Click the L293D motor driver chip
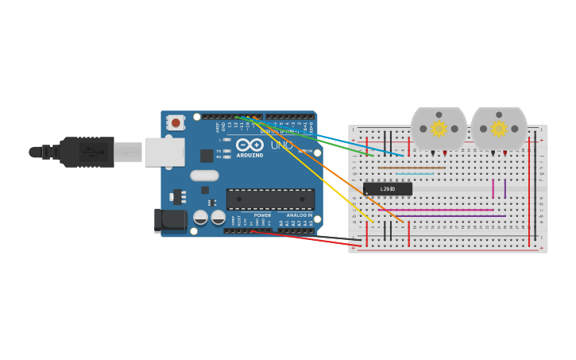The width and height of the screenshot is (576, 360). (x=388, y=188)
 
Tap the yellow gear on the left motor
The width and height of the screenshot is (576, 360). (x=439, y=129)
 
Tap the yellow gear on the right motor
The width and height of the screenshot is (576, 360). (x=499, y=129)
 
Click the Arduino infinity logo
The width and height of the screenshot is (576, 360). (x=249, y=145)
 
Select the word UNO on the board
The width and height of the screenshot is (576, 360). (x=281, y=145)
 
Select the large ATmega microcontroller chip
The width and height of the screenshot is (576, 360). (x=270, y=199)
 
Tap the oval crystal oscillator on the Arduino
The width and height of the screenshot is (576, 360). (x=204, y=176)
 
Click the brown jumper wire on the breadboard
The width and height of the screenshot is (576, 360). (x=412, y=168)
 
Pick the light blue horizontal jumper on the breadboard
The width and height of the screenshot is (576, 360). (x=415, y=173)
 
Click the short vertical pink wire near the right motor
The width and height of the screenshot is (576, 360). (x=493, y=188)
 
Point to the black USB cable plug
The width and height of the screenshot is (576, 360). (x=87, y=152)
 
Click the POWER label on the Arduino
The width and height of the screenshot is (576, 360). (x=262, y=215)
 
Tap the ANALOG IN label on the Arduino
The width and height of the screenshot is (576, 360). (x=300, y=215)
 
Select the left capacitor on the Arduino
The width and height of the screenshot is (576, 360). (x=201, y=217)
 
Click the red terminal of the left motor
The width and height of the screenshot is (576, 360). (x=445, y=152)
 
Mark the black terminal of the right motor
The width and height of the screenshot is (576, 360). (x=493, y=152)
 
